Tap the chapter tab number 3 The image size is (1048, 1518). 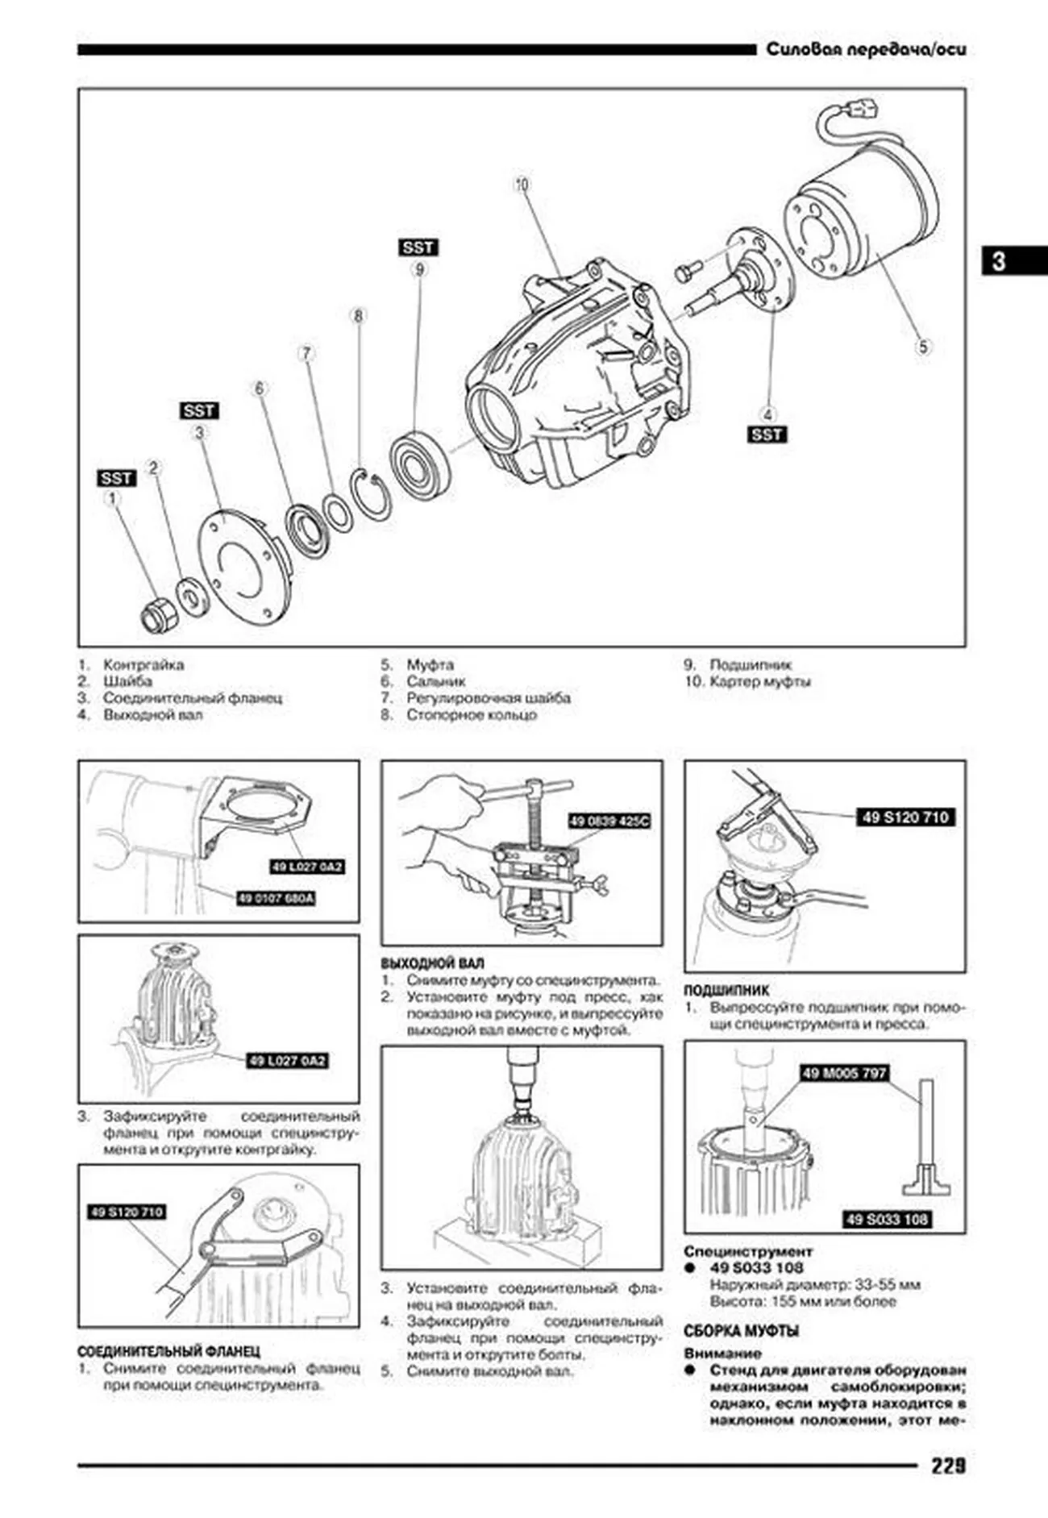[999, 261]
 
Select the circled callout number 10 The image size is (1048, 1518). [522, 185]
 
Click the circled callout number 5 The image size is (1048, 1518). [923, 347]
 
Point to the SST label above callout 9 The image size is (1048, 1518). [418, 247]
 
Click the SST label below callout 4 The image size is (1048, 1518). [767, 435]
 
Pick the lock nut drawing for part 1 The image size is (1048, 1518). [154, 616]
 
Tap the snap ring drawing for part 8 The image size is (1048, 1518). [372, 493]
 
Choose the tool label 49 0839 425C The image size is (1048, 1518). [609, 821]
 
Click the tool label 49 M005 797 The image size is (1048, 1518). [844, 1073]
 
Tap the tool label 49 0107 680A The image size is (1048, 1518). [276, 898]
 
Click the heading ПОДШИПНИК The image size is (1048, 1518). [726, 990]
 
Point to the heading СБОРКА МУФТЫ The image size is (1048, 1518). [741, 1331]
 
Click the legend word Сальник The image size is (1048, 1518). [435, 681]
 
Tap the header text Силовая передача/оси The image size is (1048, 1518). [865, 50]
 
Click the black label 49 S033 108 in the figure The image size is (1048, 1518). [887, 1220]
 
